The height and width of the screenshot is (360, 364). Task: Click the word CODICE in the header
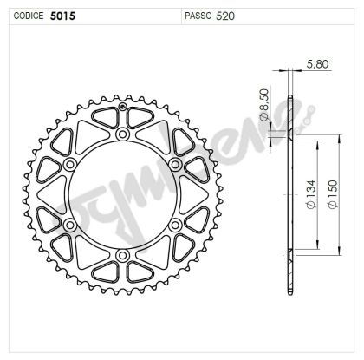click(x=27, y=16)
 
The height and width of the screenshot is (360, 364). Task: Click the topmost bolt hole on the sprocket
click(x=122, y=136)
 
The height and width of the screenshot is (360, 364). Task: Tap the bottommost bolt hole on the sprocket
click(x=122, y=254)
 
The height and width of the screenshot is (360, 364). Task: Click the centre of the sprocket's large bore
click(x=122, y=195)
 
